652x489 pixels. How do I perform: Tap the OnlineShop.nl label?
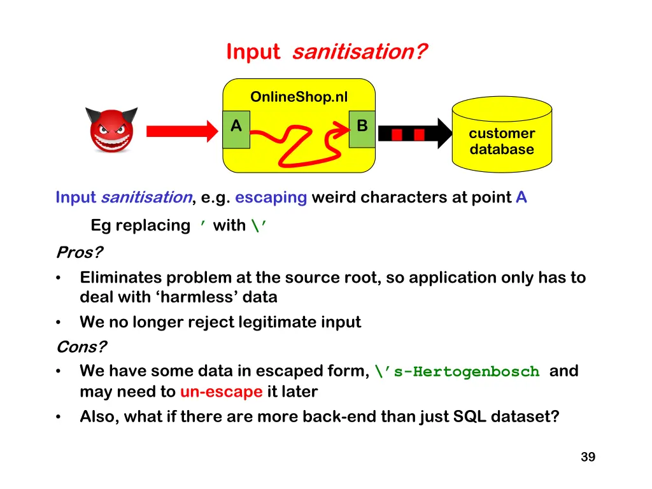[x=299, y=97]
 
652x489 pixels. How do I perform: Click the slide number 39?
[x=588, y=457]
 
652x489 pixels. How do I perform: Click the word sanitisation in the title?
[x=359, y=52]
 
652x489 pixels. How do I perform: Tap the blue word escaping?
[x=271, y=197]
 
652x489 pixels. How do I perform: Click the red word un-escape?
[x=221, y=392]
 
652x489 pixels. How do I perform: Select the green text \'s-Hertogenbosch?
[x=457, y=372]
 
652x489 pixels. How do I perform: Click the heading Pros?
[x=79, y=253]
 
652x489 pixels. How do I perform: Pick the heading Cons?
[x=81, y=347]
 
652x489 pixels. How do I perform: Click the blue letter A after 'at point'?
[x=521, y=197]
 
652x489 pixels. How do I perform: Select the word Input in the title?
[x=253, y=52]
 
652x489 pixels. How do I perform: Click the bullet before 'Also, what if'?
[x=59, y=417]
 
